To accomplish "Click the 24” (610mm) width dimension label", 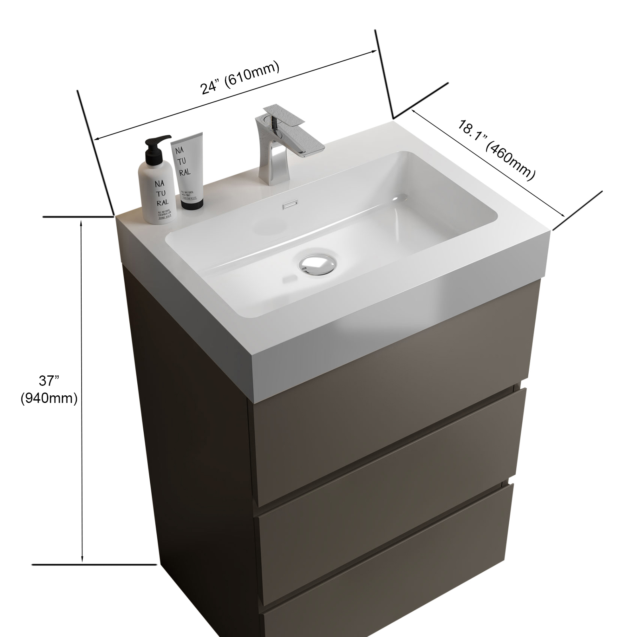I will pyautogui.click(x=240, y=78).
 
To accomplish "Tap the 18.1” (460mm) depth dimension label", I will pyautogui.click(x=495, y=151).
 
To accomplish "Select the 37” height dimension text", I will pyautogui.click(x=49, y=381).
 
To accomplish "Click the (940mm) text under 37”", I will pyautogui.click(x=49, y=398).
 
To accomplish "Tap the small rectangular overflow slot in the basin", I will pyautogui.click(x=287, y=206).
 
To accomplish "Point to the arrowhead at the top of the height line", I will pyautogui.click(x=82, y=224).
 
